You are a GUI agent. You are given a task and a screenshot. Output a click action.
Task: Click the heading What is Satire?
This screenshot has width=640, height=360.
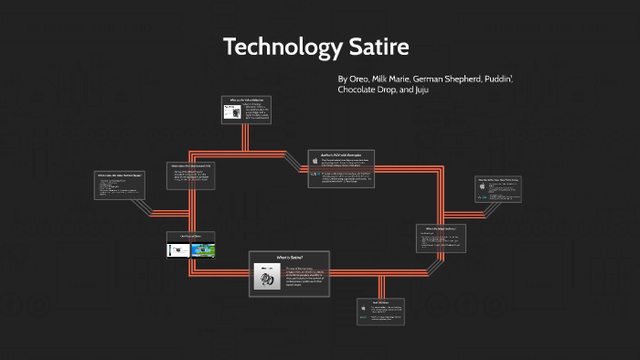(289, 259)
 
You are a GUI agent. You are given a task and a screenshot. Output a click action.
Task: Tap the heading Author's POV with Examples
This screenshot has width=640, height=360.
(329, 155)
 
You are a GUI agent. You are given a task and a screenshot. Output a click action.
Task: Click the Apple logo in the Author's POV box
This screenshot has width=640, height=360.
(315, 161)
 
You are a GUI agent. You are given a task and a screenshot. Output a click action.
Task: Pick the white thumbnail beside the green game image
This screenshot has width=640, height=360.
(178, 248)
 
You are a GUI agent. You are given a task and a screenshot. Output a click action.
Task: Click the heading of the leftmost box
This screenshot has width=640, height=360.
(119, 175)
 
